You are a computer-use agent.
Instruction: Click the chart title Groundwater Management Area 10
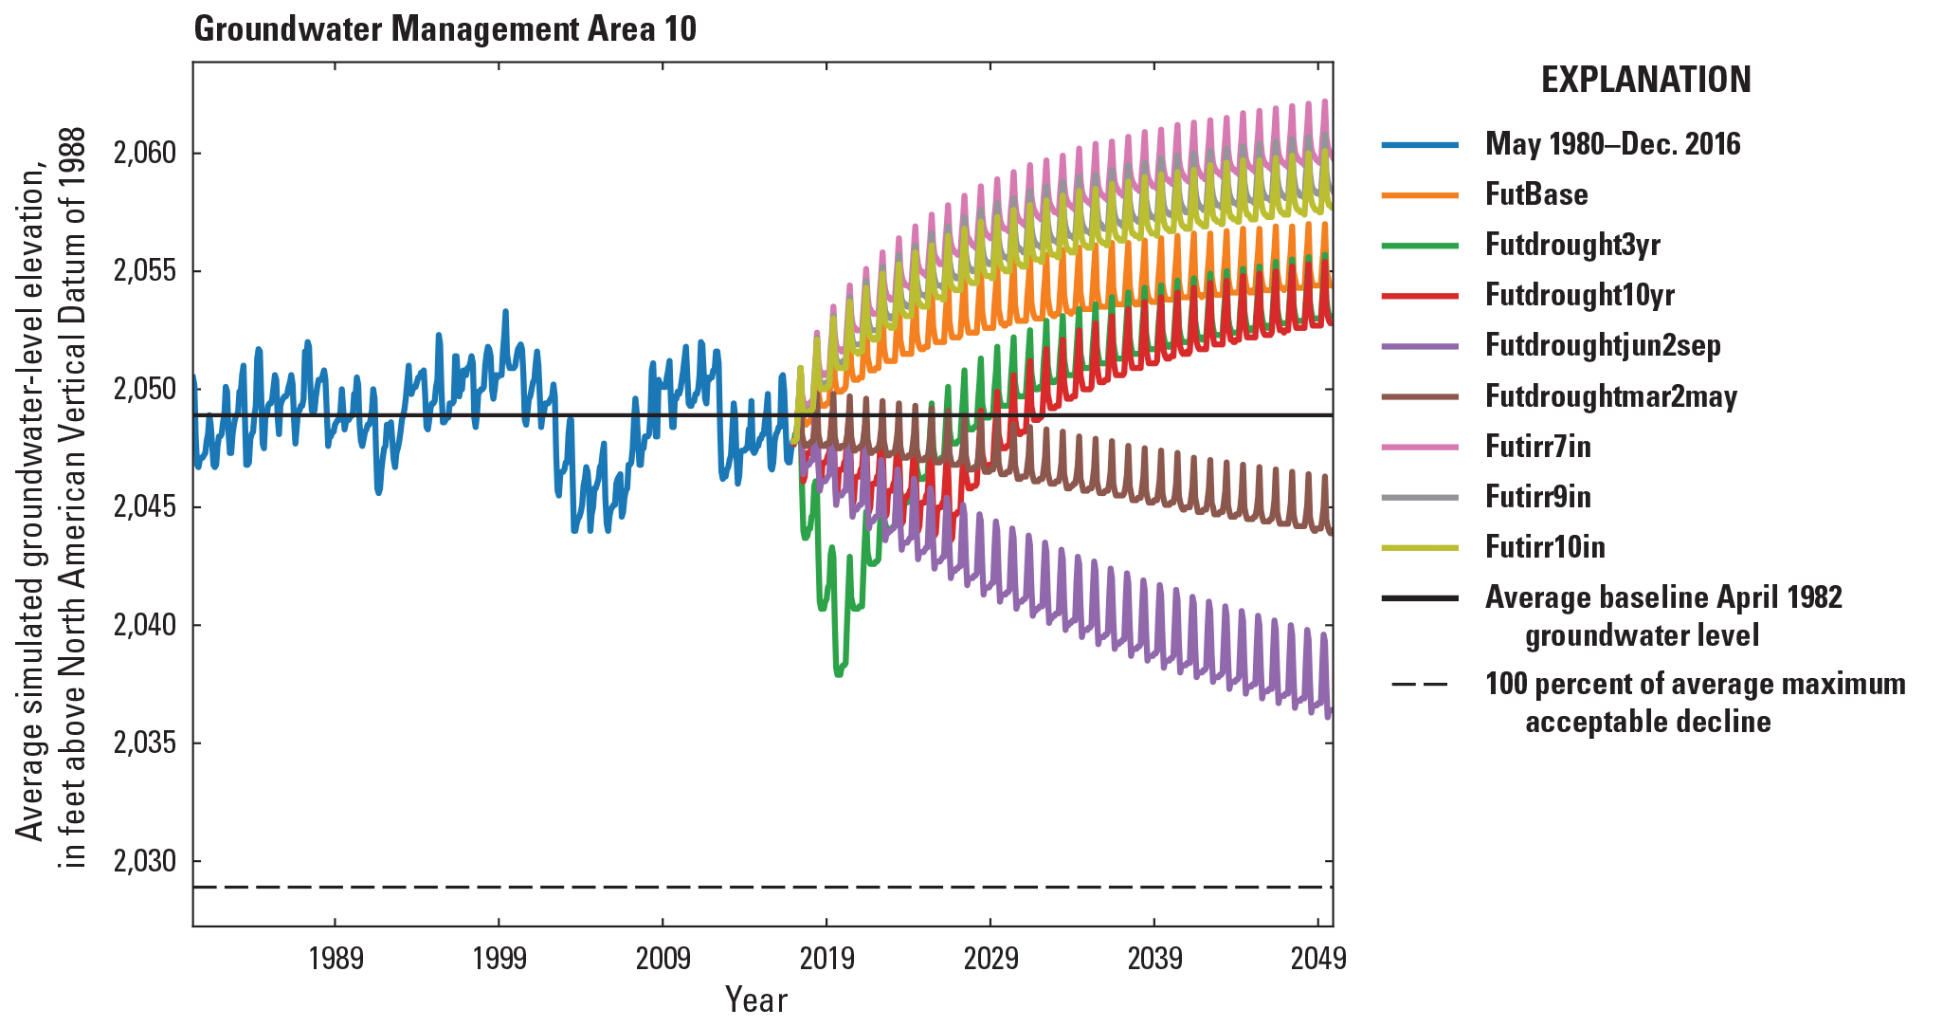coord(445,29)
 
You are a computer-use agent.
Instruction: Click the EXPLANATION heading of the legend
coord(1645,80)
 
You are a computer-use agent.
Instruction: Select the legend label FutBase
coord(1535,194)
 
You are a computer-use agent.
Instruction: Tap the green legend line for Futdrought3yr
coord(1420,246)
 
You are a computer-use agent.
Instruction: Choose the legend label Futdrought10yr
coord(1579,295)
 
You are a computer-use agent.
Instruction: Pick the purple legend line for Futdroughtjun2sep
coord(1420,346)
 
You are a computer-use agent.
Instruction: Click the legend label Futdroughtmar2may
coord(1610,396)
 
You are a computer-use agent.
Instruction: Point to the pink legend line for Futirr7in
coord(1420,447)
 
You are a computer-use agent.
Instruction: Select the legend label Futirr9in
coord(1537,497)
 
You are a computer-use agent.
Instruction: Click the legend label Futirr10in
coord(1544,547)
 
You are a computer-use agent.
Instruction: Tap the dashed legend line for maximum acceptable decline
coord(1420,685)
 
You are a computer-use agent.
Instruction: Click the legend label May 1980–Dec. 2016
coord(1612,144)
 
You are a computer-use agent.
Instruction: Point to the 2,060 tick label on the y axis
coord(144,153)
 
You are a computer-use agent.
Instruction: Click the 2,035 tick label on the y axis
coord(144,743)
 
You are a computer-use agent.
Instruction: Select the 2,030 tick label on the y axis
coord(144,861)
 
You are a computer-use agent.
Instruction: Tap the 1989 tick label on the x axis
coord(336,959)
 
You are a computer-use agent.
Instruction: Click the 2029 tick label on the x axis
coord(990,959)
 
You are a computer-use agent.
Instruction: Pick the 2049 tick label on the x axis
coord(1317,959)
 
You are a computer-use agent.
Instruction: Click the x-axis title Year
coord(755,999)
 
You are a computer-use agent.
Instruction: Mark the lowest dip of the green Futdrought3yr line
coord(838,674)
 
